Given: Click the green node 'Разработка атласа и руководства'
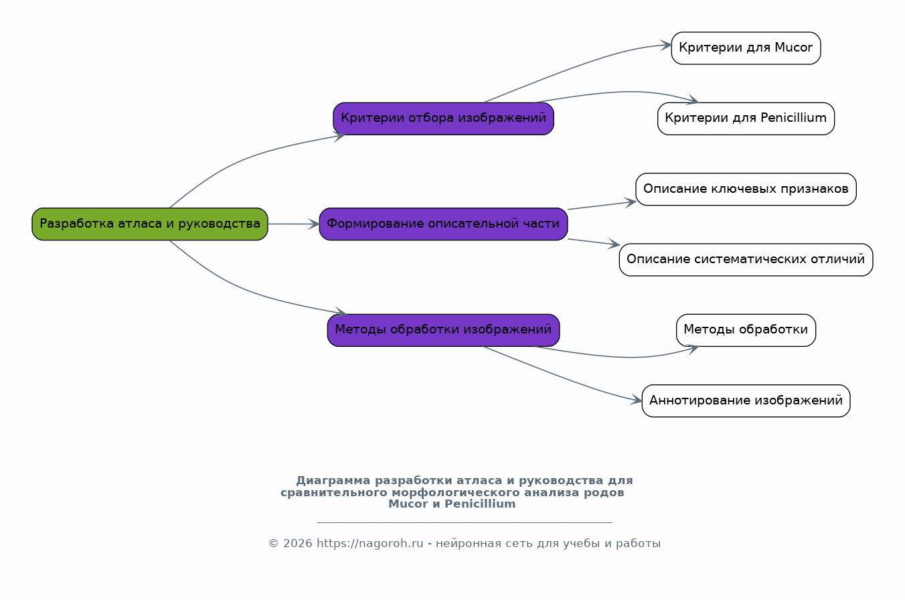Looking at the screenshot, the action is pyautogui.click(x=150, y=224).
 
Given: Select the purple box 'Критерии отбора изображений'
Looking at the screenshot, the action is pyautogui.click(x=443, y=119).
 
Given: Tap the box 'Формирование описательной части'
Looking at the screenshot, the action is pyautogui.click(x=443, y=224).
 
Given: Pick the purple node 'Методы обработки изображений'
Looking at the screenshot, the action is pyautogui.click(x=443, y=330).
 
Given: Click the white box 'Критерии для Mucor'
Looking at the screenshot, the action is pyautogui.click(x=746, y=48).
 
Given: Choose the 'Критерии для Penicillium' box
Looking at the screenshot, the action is pyautogui.click(x=746, y=119).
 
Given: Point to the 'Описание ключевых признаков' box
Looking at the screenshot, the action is pyautogui.click(x=746, y=190).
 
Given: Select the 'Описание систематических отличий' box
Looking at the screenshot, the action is pyautogui.click(x=746, y=260).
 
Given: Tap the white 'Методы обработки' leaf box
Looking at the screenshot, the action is pyautogui.click(x=746, y=330).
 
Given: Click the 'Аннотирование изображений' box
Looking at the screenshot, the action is pyautogui.click(x=746, y=400).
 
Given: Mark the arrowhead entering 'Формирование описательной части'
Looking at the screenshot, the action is pyautogui.click(x=314, y=224).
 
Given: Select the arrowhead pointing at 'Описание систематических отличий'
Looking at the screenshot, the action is pyautogui.click(x=614, y=244).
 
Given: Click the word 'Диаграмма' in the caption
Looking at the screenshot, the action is pyautogui.click(x=333, y=481).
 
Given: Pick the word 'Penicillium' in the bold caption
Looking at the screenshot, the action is pyautogui.click(x=480, y=504).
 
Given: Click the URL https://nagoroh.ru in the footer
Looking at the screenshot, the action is pyautogui.click(x=369, y=543).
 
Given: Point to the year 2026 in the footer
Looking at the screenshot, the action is pyautogui.click(x=297, y=543).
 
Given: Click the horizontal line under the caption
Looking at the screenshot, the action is pyautogui.click(x=465, y=522).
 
